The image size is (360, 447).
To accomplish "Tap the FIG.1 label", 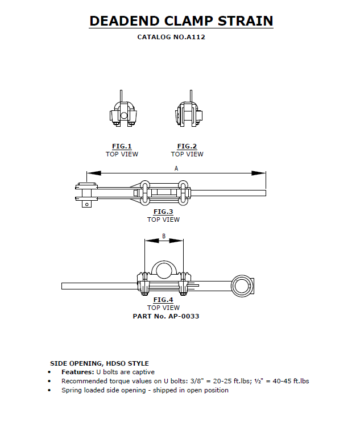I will tap(122, 146).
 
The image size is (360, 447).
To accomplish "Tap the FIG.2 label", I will tap(187, 146).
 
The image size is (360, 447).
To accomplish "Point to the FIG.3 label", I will tap(163, 212).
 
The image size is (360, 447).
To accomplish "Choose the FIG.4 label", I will tap(163, 300).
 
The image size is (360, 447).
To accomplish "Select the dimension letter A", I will tap(176, 168).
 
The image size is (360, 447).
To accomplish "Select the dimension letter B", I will tap(164, 235).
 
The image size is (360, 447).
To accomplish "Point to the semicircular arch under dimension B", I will tap(164, 269).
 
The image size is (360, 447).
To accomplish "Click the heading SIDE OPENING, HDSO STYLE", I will tap(100, 363).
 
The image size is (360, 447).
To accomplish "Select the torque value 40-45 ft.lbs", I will tap(289, 381).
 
